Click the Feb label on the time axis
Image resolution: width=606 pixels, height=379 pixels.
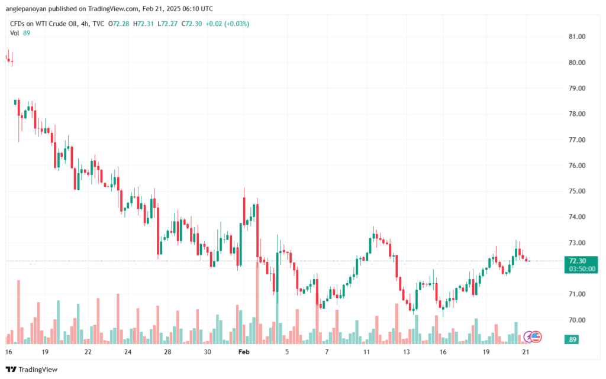244,351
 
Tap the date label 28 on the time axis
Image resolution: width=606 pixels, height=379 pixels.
167,351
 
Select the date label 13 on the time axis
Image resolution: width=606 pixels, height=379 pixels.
407,351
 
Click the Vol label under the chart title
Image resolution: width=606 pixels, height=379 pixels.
15,33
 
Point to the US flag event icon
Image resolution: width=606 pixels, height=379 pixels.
536,337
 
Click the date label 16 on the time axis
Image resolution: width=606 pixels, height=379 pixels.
8,351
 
